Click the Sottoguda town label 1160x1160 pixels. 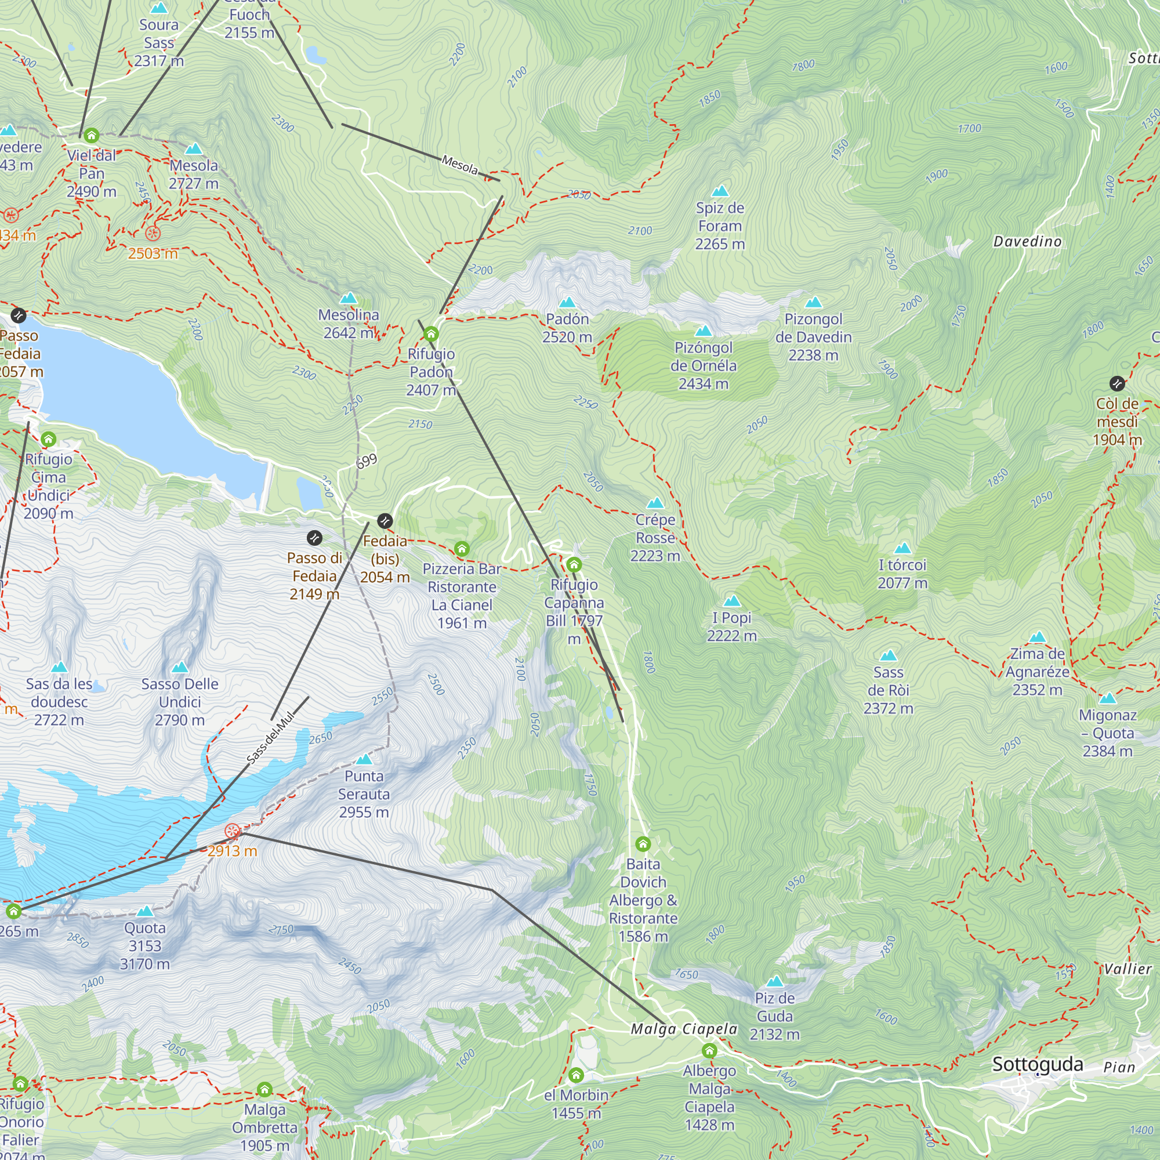(1038, 1064)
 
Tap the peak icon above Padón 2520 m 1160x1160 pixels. (567, 302)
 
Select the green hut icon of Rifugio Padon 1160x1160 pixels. (431, 334)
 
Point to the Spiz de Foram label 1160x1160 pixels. (720, 226)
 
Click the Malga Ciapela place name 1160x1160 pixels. (683, 1029)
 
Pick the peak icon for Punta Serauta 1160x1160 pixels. (364, 760)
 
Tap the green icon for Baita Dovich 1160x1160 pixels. (643, 844)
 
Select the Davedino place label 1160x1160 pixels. (1027, 241)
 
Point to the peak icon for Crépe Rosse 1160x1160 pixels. (655, 502)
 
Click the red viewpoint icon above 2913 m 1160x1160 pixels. (233, 831)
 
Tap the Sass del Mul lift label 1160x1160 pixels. (271, 738)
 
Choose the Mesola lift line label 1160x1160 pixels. (460, 165)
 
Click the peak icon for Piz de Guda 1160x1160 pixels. (774, 981)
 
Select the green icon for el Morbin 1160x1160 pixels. (576, 1075)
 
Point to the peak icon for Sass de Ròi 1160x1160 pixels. (888, 655)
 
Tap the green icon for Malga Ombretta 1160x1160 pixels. (265, 1089)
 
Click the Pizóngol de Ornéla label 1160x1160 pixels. (703, 365)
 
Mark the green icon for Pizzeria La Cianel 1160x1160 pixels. (462, 549)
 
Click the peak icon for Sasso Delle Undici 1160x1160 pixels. (180, 667)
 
